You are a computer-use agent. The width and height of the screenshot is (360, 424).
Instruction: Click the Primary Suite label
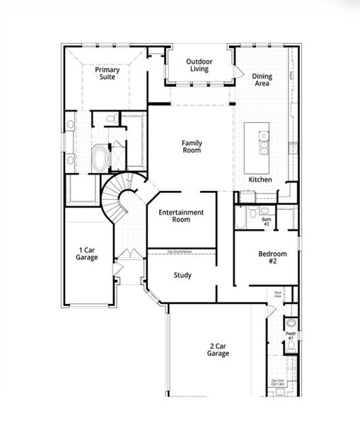click(x=107, y=73)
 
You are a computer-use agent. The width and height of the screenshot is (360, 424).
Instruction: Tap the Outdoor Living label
click(x=199, y=66)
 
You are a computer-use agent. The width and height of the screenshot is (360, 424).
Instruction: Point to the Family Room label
click(x=191, y=146)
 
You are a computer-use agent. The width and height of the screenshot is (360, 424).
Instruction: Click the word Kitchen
click(x=260, y=179)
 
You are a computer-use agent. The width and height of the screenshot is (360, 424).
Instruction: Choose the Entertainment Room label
click(x=181, y=216)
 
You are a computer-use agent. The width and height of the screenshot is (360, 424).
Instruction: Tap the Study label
click(x=182, y=275)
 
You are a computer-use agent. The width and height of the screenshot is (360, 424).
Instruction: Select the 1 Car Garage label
click(x=88, y=253)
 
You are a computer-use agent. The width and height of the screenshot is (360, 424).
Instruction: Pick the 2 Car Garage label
click(x=219, y=350)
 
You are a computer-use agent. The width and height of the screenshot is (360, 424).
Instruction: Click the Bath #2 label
click(x=267, y=221)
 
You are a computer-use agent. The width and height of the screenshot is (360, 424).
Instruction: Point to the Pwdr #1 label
click(x=290, y=335)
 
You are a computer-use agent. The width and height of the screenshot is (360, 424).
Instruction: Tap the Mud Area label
click(x=279, y=293)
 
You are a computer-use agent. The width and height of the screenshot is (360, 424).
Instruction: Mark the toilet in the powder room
click(x=291, y=324)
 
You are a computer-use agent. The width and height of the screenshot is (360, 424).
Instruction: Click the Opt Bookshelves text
click(x=181, y=252)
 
